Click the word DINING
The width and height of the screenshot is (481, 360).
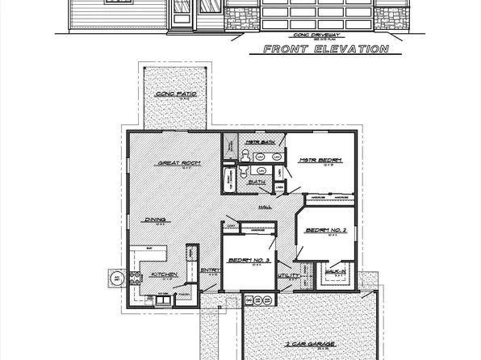pos(155,220)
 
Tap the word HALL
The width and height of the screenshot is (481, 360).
pos(264,207)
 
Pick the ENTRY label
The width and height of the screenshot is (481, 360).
pos(209,270)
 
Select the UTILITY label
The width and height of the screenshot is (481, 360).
pos(288,276)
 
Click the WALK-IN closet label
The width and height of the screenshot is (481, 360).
pos(336,272)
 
